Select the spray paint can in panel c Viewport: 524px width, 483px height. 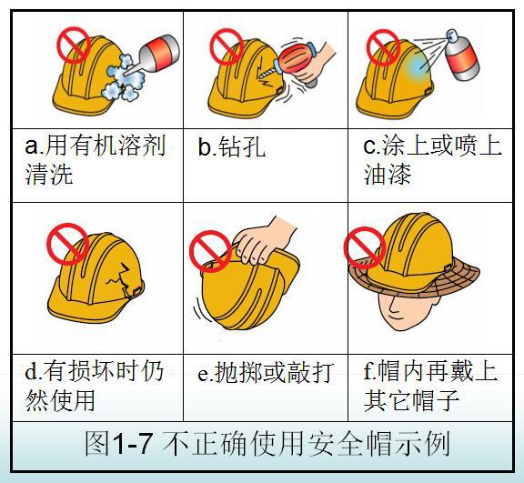[461, 55]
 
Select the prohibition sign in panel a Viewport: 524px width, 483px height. [74, 45]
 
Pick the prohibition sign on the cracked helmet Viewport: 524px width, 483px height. [68, 244]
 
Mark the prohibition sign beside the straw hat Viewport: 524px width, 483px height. [365, 247]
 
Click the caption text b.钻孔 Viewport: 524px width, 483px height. [232, 146]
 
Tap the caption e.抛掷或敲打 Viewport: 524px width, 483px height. [266, 372]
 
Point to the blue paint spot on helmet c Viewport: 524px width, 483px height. [417, 65]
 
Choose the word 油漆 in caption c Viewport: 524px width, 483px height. [388, 175]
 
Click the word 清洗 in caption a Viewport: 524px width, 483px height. [49, 175]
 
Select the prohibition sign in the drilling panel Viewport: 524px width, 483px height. [227, 46]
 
